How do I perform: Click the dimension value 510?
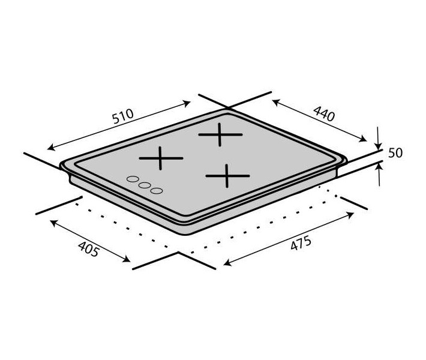[123, 116]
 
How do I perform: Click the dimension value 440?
[324, 113]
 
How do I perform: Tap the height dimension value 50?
[395, 153]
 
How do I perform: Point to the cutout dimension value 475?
[301, 243]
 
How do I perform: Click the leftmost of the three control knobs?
[133, 179]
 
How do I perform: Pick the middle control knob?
[145, 185]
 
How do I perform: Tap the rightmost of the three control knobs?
[157, 191]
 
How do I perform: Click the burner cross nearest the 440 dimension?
[220, 134]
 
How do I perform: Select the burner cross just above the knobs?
[161, 158]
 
